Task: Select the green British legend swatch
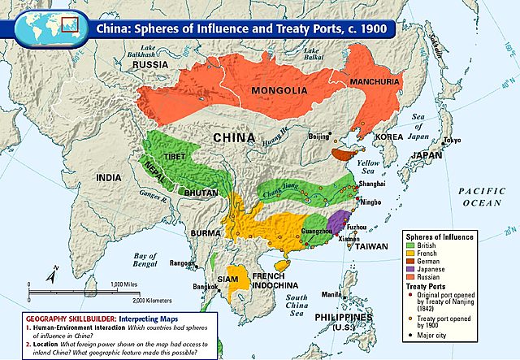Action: [409, 245]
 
